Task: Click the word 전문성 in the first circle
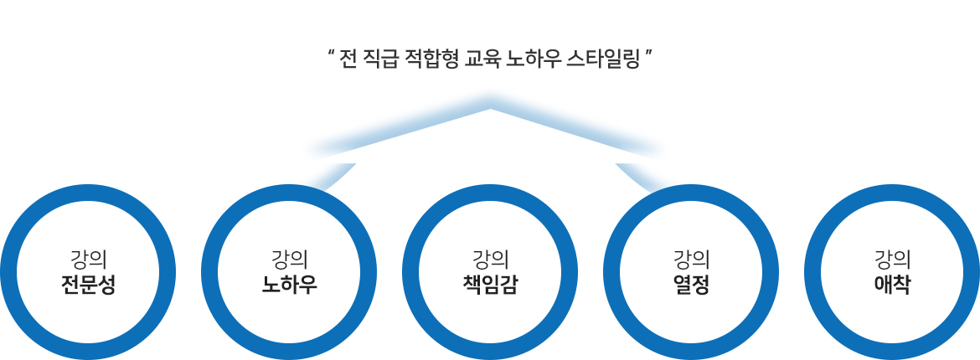[88, 285]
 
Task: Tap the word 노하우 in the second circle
[289, 285]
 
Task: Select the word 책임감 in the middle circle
[490, 285]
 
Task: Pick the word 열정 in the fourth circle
[691, 285]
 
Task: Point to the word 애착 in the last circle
[892, 285]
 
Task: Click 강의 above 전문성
[88, 259]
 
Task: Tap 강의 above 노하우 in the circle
[289, 259]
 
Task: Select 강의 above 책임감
[490, 259]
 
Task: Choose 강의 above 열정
[691, 259]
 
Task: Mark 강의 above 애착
[892, 259]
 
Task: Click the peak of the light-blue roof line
[490, 109]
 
